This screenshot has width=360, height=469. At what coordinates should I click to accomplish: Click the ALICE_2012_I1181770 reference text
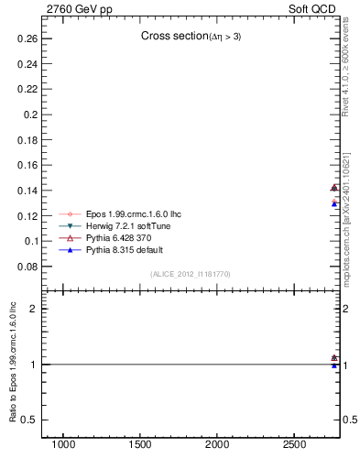pos(191,274)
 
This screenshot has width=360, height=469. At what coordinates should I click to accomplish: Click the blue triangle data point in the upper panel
pos(334,203)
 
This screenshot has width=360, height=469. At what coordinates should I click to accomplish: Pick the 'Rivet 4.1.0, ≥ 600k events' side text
pos(347,73)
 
